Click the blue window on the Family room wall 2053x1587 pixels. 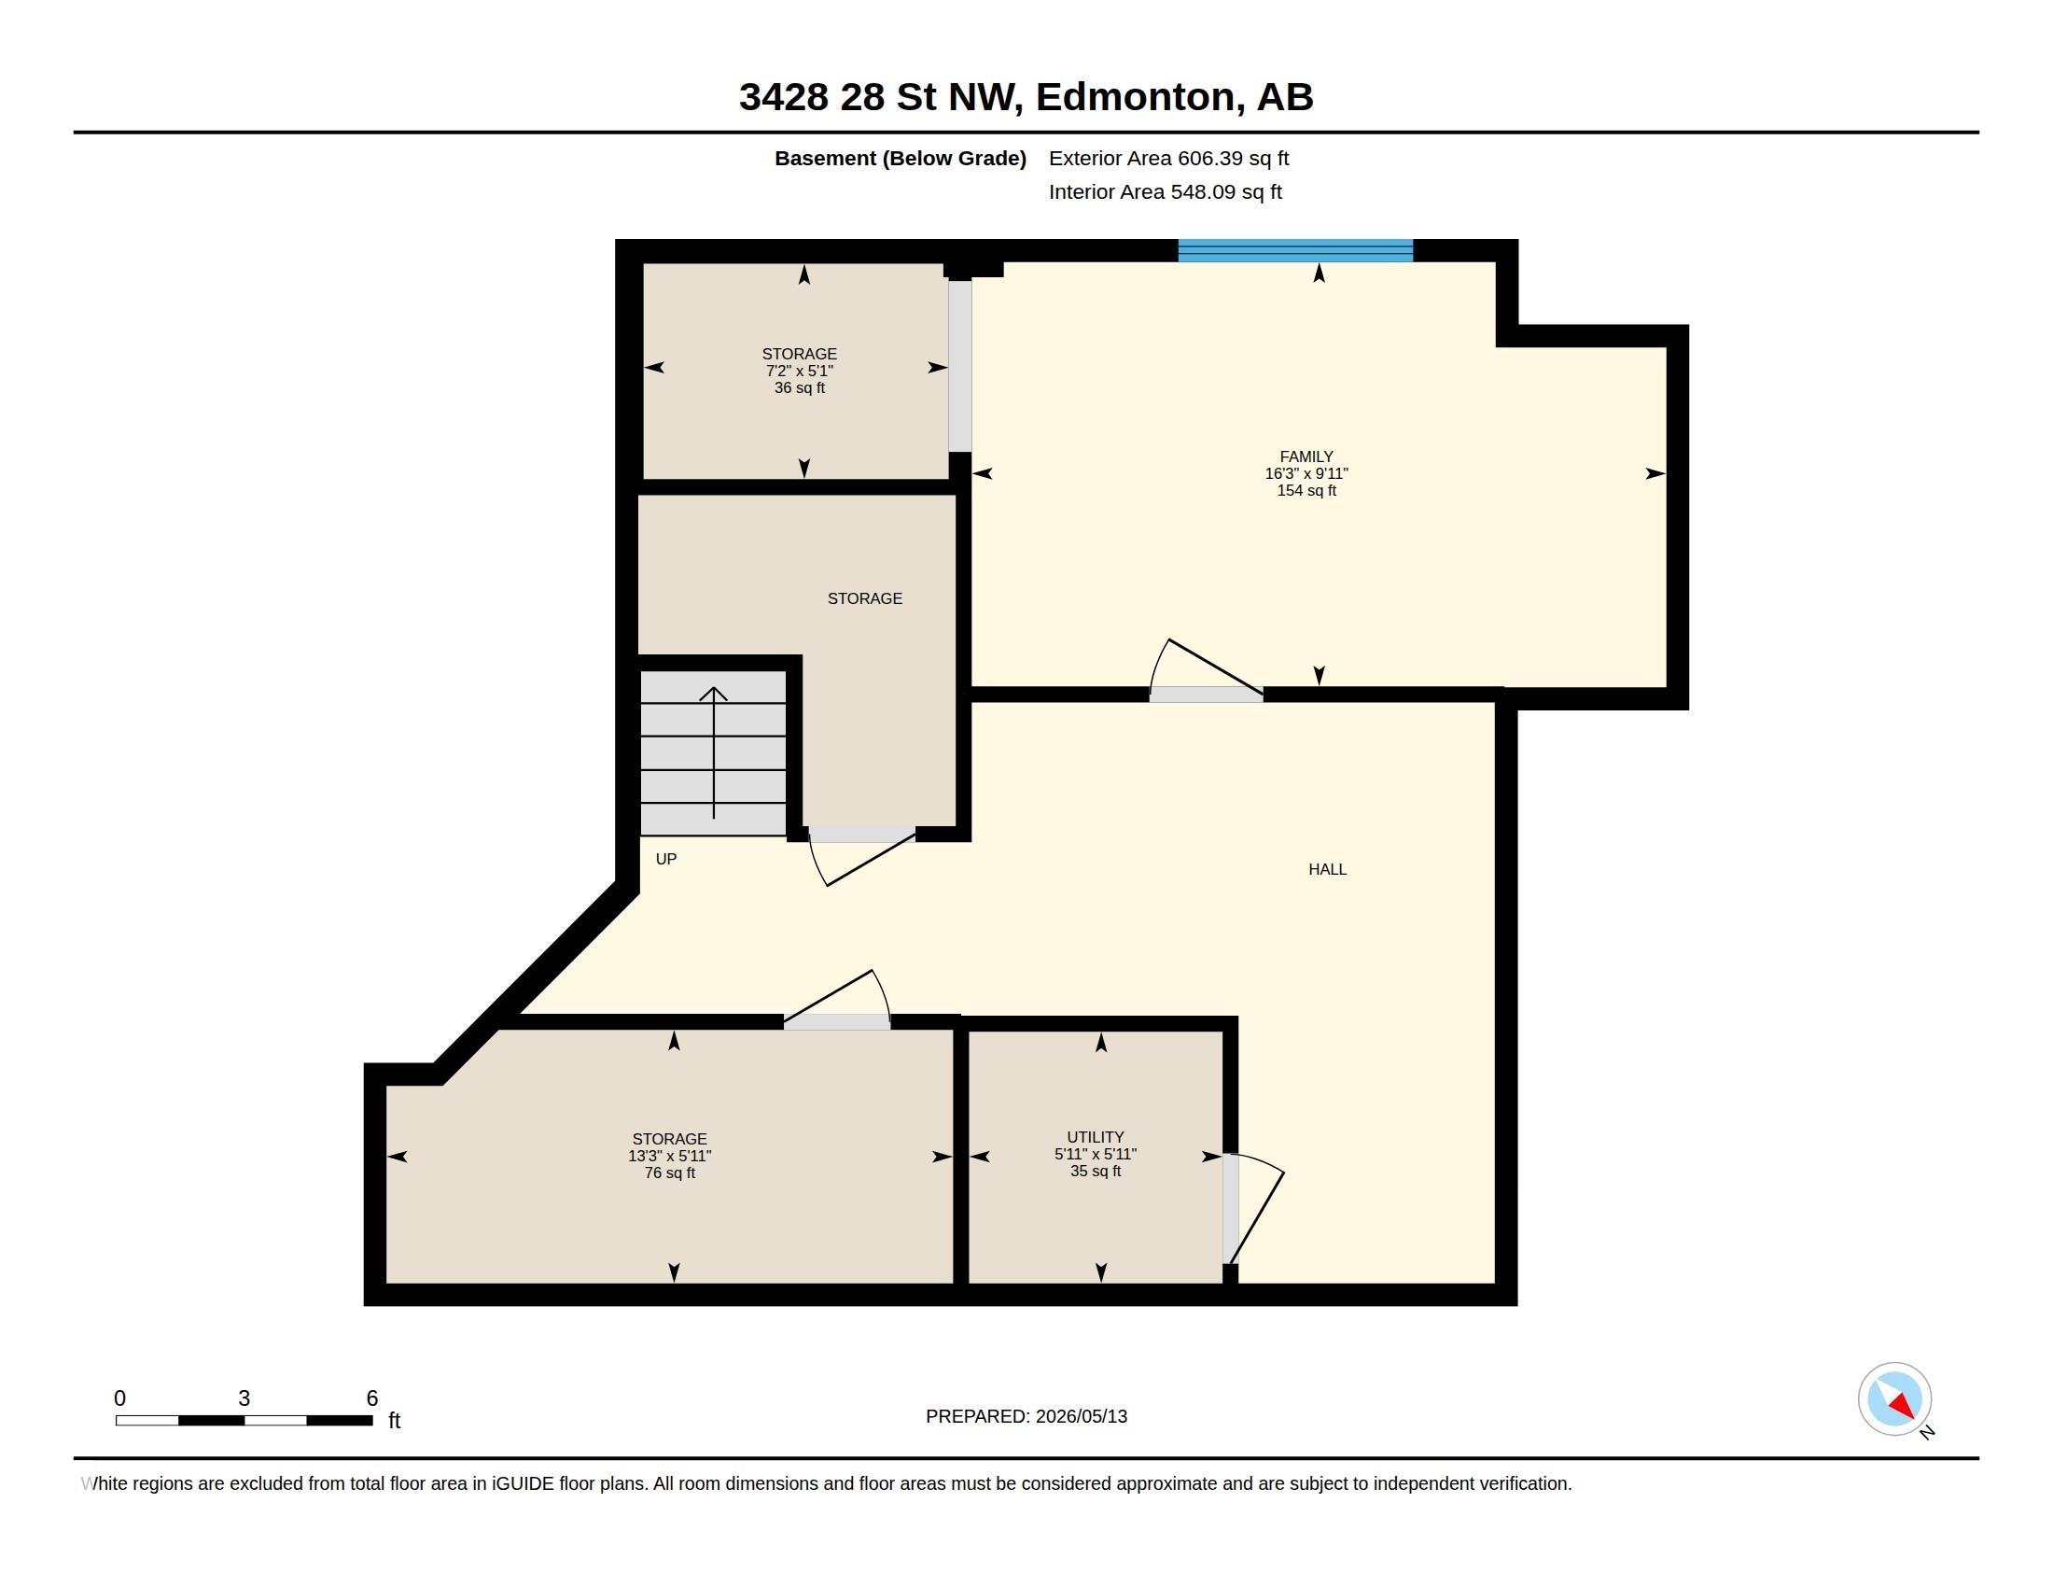pos(1295,250)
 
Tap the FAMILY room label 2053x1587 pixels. pos(1306,456)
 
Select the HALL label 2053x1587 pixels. pos(1327,870)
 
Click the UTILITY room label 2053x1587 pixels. pos(1096,1138)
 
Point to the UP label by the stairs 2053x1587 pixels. pos(665,859)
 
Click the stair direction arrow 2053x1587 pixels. pos(714,753)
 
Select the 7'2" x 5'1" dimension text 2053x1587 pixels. pos(799,372)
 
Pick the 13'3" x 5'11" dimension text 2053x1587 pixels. pos(669,1157)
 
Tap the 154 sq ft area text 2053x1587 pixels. pos(1306,491)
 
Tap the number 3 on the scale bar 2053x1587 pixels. pos(244,1398)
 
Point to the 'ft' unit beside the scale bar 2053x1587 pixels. pos(395,1421)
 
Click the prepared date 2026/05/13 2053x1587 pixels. pos(1081,1416)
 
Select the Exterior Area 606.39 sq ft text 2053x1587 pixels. pos(1168,158)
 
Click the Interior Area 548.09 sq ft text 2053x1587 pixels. pos(1165,191)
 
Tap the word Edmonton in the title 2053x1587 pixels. pos(1136,97)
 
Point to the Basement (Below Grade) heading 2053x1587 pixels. pos(900,158)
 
